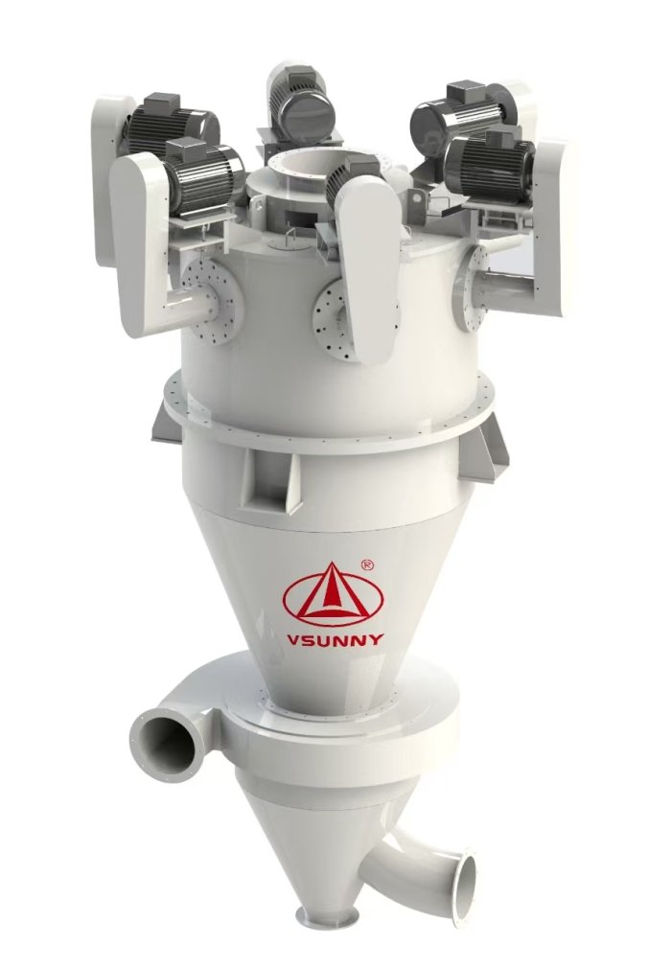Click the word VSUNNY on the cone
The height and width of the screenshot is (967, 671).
[x=335, y=638]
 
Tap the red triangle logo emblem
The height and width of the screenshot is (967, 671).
[x=333, y=592]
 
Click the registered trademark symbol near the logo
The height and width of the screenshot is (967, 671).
[x=366, y=564]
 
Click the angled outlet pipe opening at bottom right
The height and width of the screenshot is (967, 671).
[x=468, y=863]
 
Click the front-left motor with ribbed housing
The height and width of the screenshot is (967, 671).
[x=202, y=175]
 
